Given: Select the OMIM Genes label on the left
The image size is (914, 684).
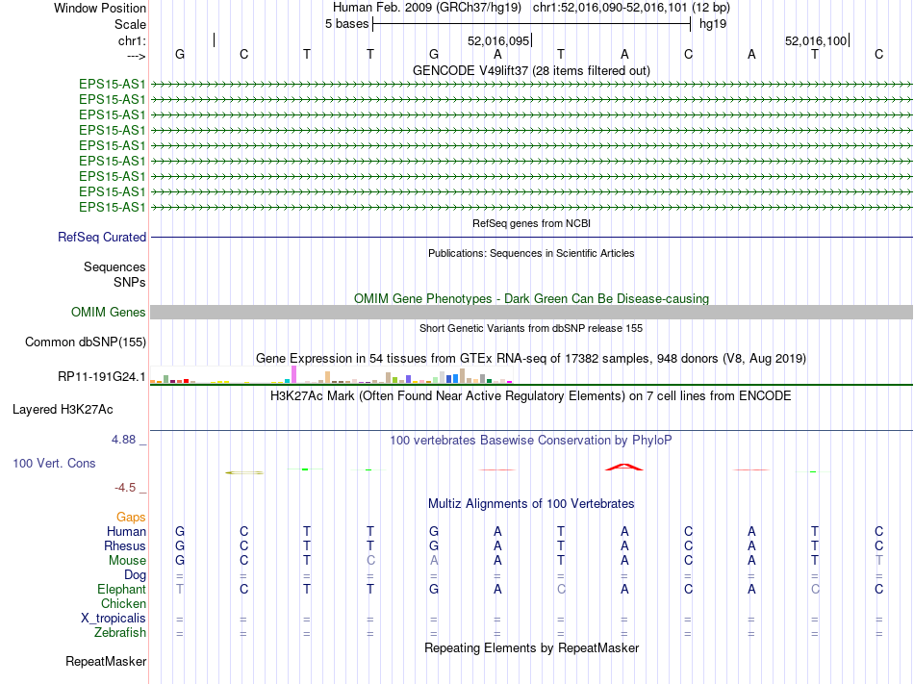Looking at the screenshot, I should (109, 312).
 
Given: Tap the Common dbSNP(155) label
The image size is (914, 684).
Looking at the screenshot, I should (86, 342).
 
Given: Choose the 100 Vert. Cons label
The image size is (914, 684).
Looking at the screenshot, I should (54, 463).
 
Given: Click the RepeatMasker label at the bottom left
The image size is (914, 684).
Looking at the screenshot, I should (106, 661).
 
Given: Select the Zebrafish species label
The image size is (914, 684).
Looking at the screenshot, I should (120, 632).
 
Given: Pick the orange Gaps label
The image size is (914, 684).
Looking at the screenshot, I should (131, 517).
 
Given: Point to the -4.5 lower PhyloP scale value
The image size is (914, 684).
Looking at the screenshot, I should (128, 488).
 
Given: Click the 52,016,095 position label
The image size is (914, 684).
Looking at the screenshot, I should (498, 41).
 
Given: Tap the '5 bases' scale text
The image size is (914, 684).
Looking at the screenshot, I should (346, 24).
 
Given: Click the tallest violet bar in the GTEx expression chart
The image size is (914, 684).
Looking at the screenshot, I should (293, 373).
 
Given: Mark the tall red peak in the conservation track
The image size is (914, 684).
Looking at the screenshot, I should (623, 467).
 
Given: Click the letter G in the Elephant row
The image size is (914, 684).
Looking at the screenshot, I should (434, 589).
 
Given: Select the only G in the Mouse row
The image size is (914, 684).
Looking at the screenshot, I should (180, 560).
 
